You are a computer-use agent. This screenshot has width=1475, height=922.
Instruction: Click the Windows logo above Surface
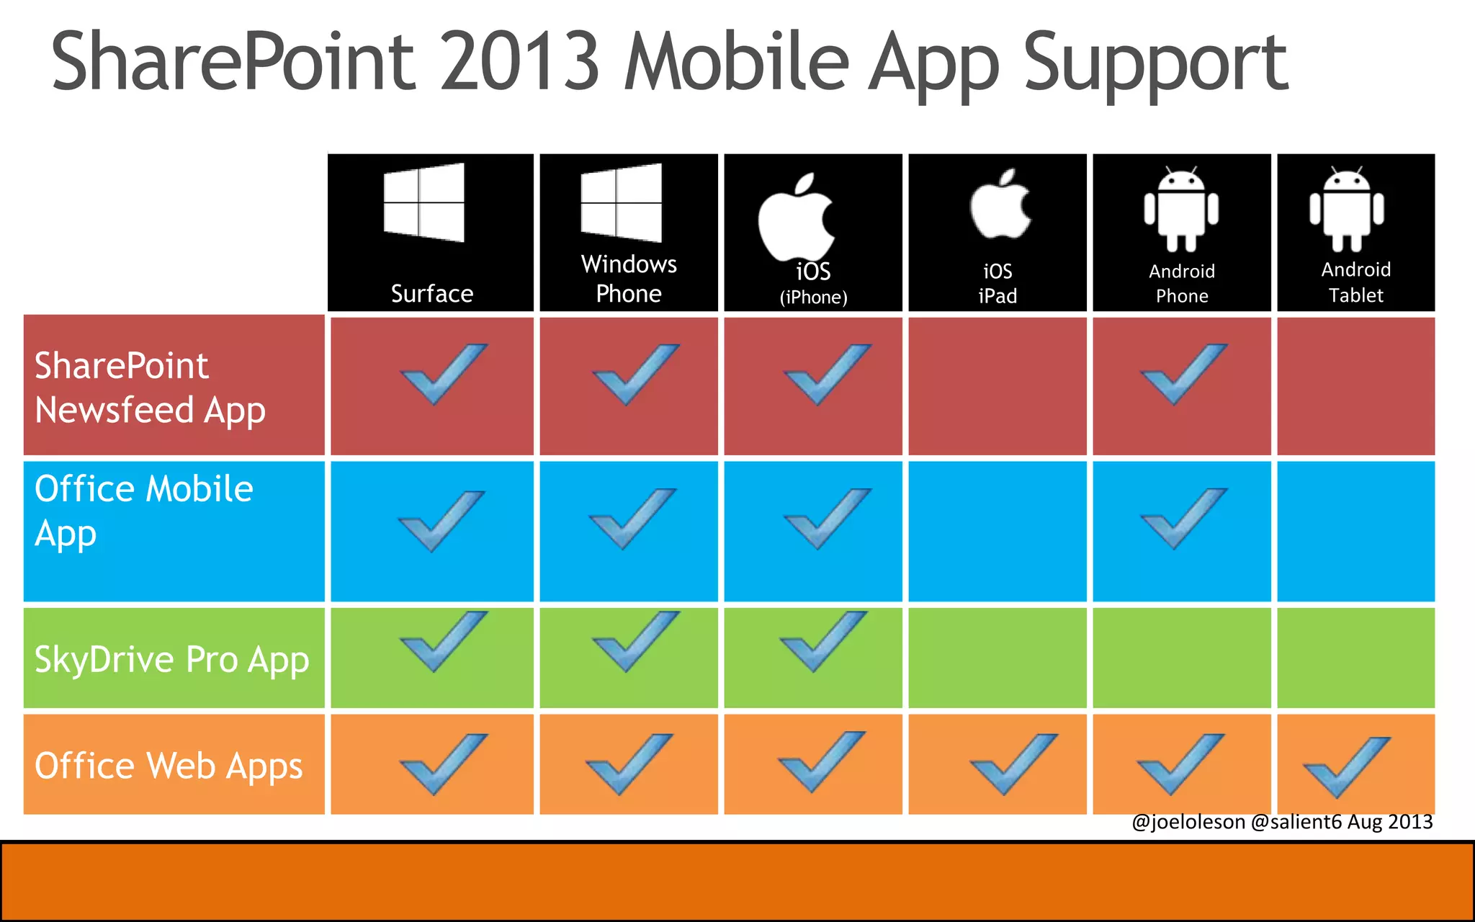pyautogui.click(x=424, y=202)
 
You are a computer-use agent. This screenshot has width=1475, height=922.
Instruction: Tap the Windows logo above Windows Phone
pyautogui.click(x=622, y=202)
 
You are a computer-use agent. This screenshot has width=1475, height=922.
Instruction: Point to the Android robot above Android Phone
pyautogui.click(x=1181, y=210)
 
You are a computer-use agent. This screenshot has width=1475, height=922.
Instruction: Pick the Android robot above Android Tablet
pyautogui.click(x=1347, y=210)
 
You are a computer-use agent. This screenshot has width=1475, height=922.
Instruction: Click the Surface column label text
pyautogui.click(x=432, y=294)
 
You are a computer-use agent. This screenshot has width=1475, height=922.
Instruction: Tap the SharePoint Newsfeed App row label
pyautogui.click(x=150, y=388)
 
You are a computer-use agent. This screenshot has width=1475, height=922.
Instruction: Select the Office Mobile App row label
pyautogui.click(x=144, y=511)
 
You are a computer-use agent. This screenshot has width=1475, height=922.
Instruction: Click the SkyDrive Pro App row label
pyautogui.click(x=171, y=659)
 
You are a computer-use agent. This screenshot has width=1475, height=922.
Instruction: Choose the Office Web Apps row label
pyautogui.click(x=169, y=766)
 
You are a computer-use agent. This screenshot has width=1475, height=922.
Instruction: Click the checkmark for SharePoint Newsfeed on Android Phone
pyautogui.click(x=1183, y=374)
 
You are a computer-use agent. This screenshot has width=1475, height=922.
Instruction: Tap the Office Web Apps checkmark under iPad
pyautogui.click(x=1013, y=764)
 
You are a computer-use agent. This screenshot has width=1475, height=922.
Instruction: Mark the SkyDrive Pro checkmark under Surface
pyautogui.click(x=443, y=641)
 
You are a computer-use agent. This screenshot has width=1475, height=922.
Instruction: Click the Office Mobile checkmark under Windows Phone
pyautogui.click(x=632, y=519)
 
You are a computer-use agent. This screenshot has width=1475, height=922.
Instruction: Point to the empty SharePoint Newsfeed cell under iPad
pyautogui.click(x=997, y=386)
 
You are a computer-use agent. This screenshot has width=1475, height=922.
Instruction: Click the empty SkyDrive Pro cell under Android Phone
pyautogui.click(x=1182, y=658)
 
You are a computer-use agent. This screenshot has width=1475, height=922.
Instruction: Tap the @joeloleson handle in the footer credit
pyautogui.click(x=1188, y=822)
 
